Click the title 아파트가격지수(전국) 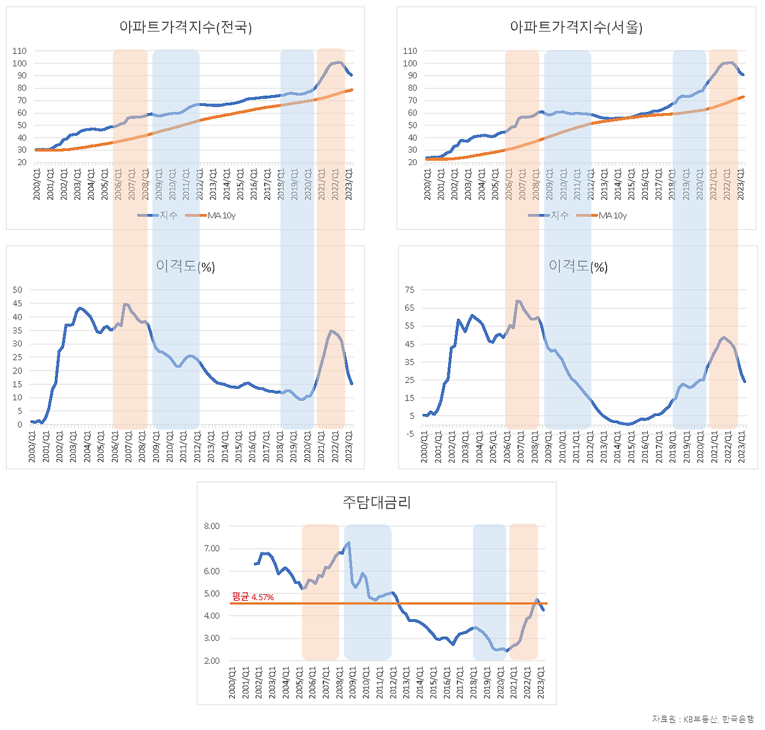[185, 27]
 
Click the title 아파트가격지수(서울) [576, 27]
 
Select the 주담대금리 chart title [377, 502]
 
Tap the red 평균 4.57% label [253, 597]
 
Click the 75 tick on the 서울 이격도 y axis [409, 290]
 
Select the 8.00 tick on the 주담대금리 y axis [212, 526]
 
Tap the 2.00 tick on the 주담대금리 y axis [212, 661]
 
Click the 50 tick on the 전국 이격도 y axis [17, 290]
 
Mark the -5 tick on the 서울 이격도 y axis [410, 434]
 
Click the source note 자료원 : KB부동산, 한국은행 [703, 719]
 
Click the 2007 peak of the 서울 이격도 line [518, 301]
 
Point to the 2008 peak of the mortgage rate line [348, 543]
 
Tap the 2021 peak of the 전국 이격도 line [331, 331]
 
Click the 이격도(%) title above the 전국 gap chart [185, 266]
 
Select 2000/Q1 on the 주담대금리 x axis [232, 682]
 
